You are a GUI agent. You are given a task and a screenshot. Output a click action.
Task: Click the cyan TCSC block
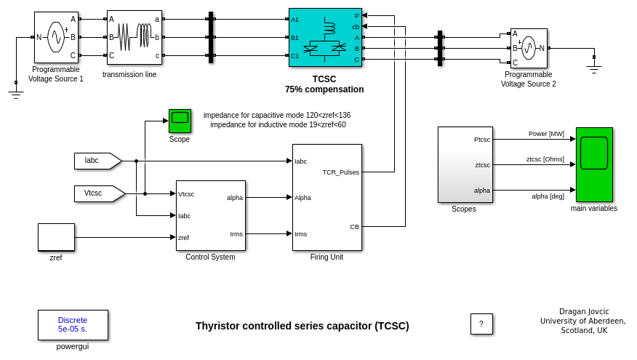tap(324, 37)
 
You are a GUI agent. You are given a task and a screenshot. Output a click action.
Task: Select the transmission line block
tap(135, 37)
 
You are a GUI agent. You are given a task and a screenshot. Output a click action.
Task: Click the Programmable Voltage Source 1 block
tap(56, 37)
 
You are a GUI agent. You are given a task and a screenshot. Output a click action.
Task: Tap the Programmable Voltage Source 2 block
tap(529, 48)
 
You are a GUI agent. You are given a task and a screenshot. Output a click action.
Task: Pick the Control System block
tap(210, 215)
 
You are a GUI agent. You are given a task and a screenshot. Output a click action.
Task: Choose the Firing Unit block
tap(326, 197)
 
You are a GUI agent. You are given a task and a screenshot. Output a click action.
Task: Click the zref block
tap(56, 237)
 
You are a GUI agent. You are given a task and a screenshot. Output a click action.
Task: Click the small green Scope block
tap(180, 121)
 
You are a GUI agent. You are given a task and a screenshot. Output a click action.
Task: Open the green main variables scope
tap(594, 164)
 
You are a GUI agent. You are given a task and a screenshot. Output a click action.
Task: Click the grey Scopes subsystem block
tap(465, 164)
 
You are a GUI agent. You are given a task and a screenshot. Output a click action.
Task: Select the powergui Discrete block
tap(73, 324)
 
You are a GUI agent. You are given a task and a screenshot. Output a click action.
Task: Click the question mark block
tap(481, 324)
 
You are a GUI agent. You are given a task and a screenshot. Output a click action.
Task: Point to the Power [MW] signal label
tap(546, 134)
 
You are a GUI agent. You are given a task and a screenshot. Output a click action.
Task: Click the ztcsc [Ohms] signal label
tap(545, 159)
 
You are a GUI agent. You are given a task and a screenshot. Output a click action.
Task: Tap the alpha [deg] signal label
tap(548, 196)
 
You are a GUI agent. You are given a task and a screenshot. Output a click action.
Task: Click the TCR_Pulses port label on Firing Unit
tap(340, 172)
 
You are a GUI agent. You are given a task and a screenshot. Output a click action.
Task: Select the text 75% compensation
tap(324, 89)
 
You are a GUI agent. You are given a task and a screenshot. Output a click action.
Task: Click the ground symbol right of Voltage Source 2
tap(594, 68)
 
